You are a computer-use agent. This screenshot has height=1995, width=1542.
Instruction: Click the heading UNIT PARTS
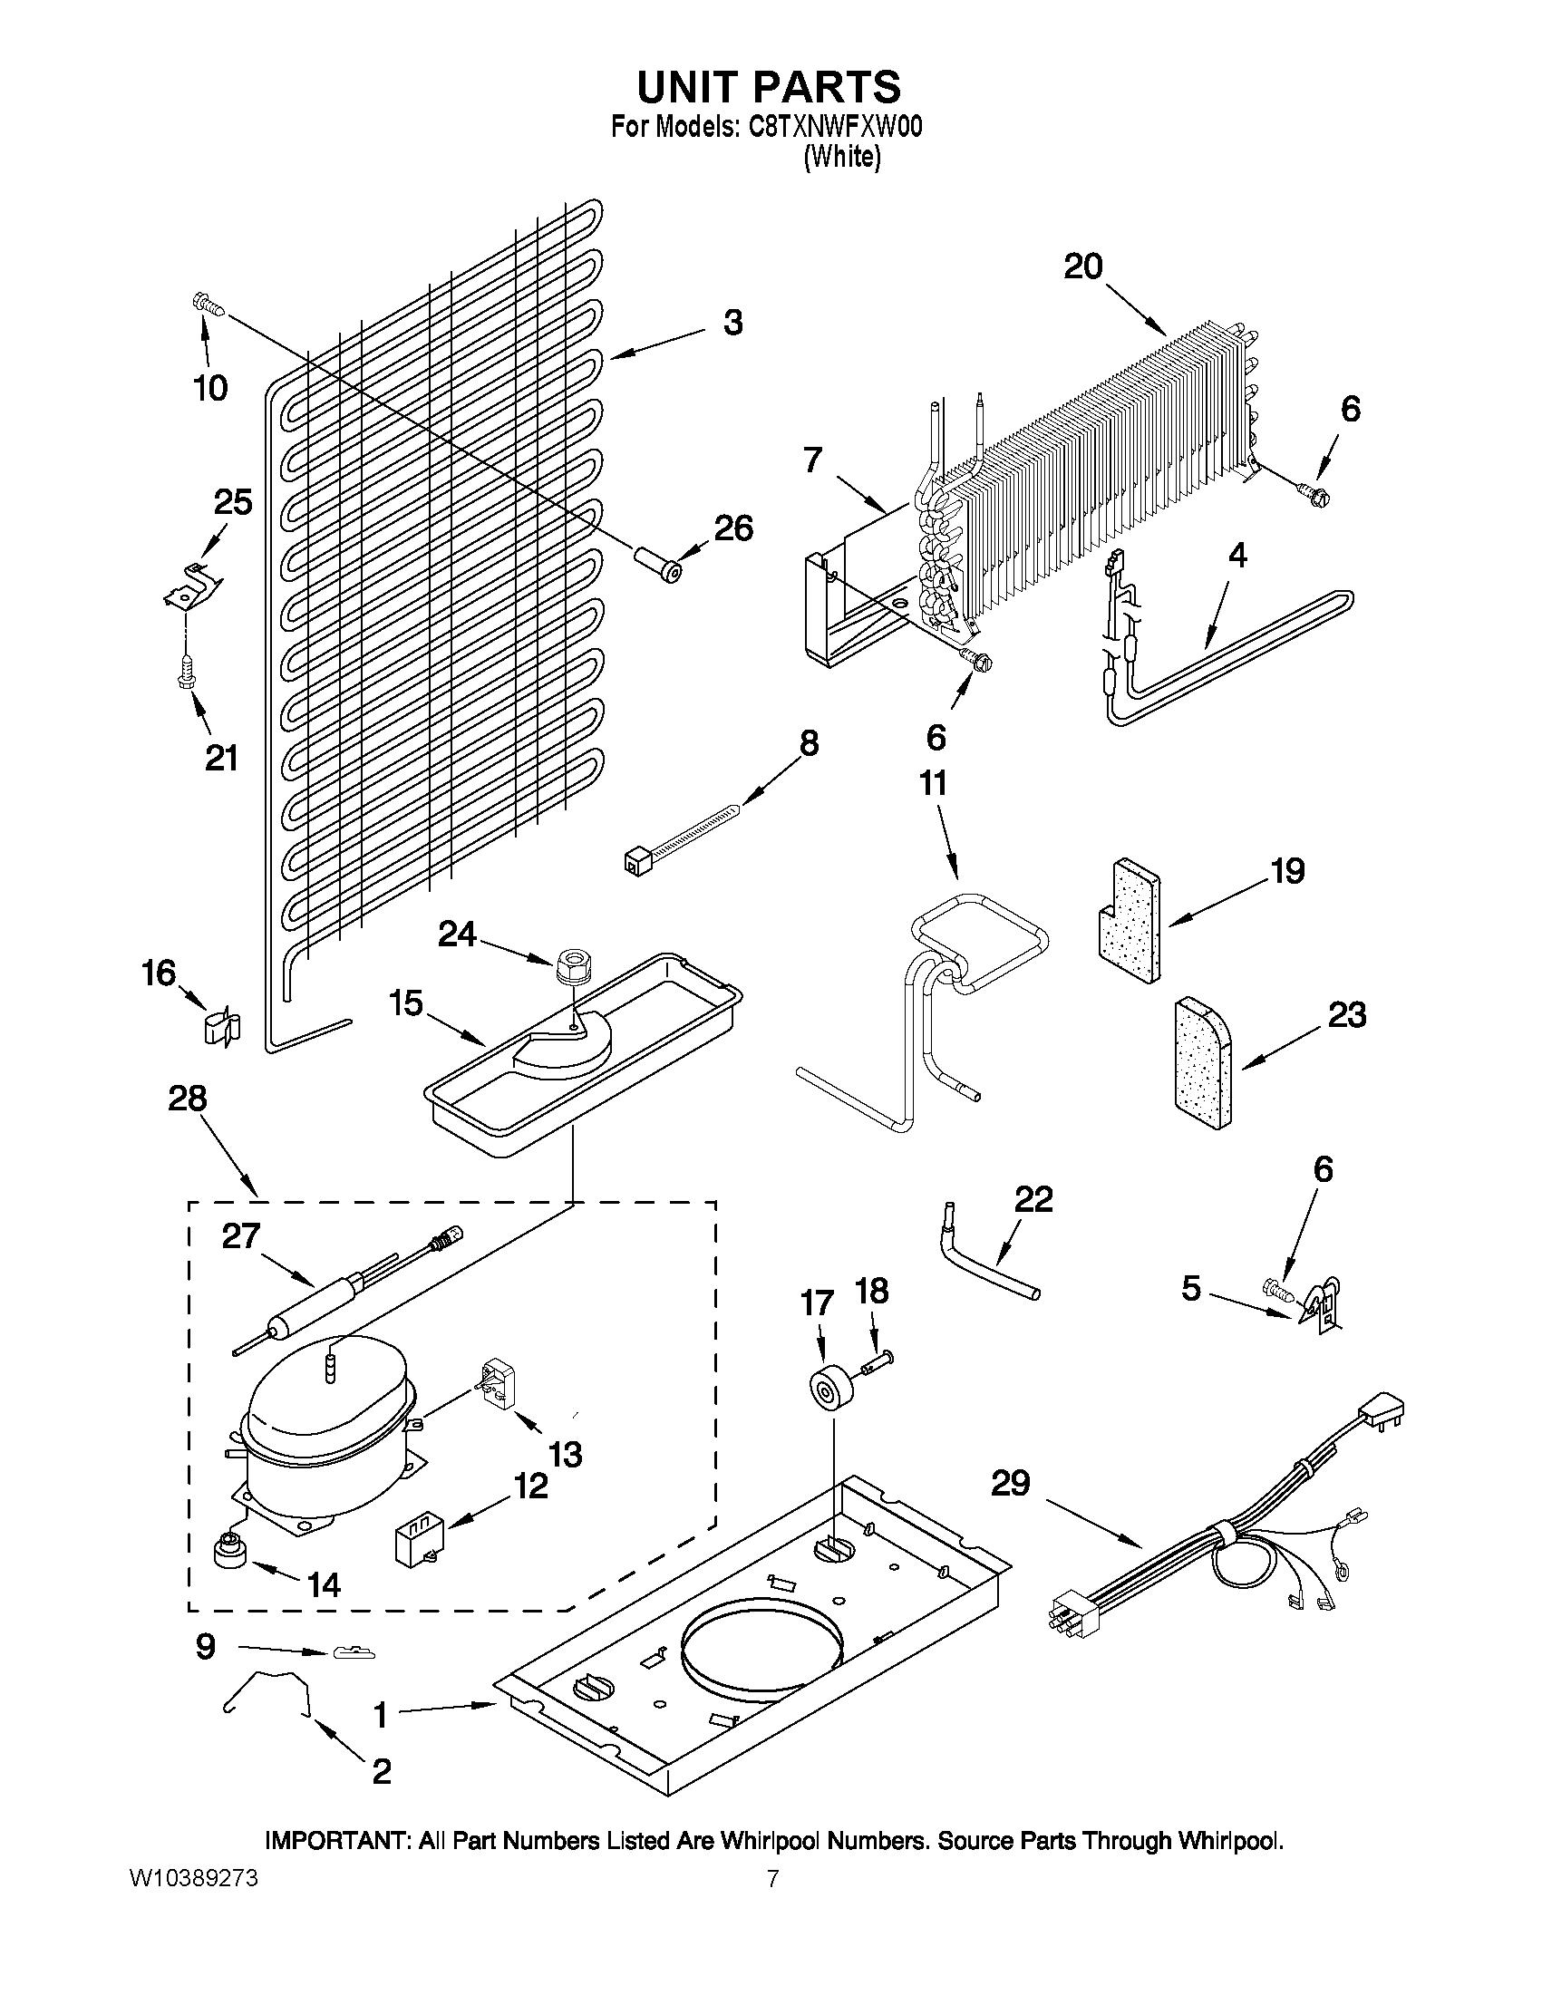tap(768, 87)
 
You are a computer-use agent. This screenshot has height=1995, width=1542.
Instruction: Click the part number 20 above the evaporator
tap(1082, 266)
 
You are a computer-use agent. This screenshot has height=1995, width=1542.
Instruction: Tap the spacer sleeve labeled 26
tap(659, 563)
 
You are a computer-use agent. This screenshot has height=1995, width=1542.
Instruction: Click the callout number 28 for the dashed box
tap(188, 1099)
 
